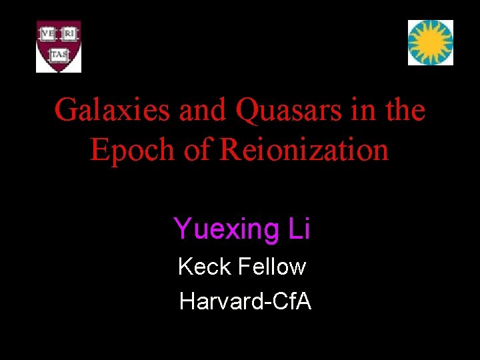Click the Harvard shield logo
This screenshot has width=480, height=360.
click(x=59, y=46)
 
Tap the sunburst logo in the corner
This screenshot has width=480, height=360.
click(x=431, y=43)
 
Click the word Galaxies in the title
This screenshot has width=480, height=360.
click(x=111, y=110)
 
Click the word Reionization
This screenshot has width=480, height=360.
click(x=303, y=149)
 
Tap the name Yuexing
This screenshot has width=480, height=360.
click(x=219, y=229)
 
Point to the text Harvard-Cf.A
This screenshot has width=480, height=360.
click(x=245, y=302)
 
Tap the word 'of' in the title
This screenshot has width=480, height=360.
click(x=197, y=149)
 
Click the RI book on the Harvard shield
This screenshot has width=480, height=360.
click(x=69, y=33)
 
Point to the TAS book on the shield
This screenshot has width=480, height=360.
click(x=59, y=52)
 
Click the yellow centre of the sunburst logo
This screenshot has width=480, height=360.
click(x=431, y=42)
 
